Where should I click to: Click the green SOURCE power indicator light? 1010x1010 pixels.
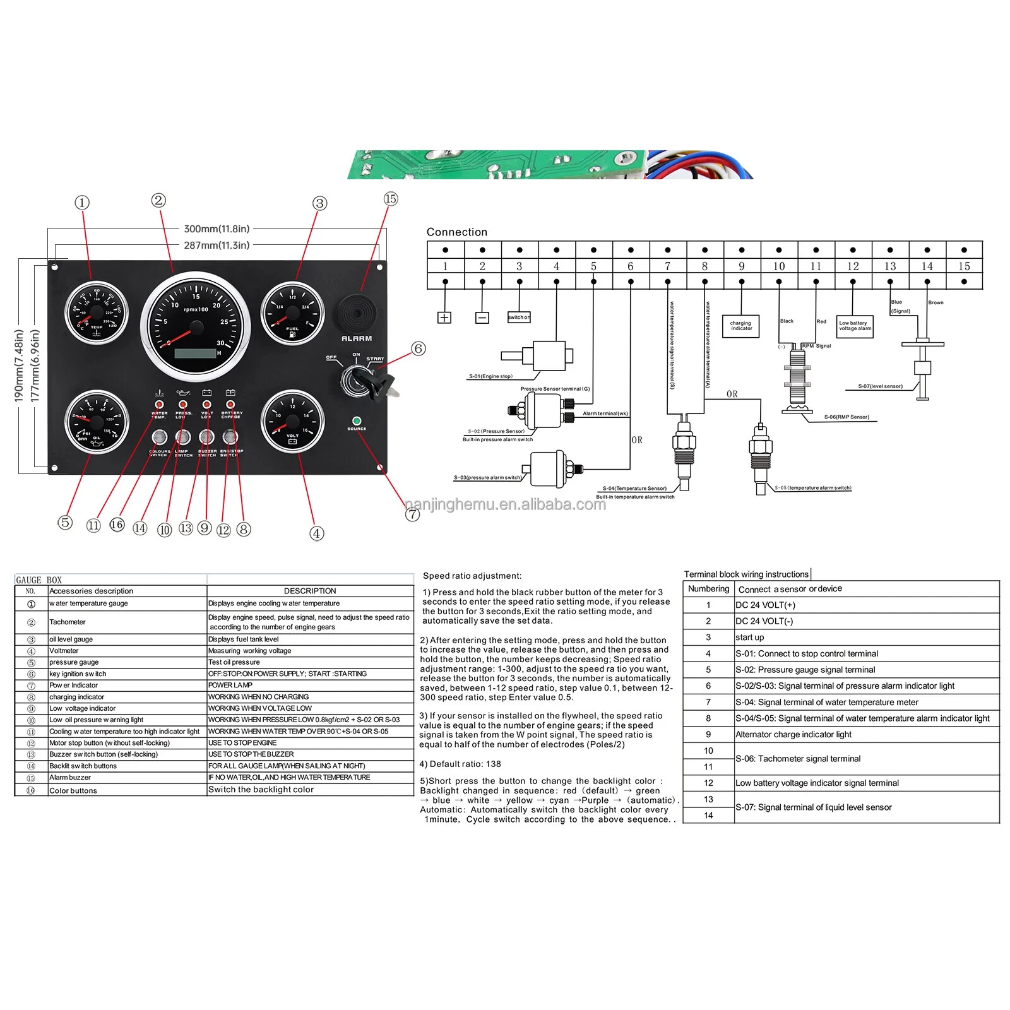point(357,420)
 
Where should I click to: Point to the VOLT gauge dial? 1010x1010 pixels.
point(292,422)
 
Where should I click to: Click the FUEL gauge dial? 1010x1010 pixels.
point(292,314)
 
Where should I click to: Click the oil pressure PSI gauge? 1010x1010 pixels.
point(97,422)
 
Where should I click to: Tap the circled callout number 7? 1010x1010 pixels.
point(412,514)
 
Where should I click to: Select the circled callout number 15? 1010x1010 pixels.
point(391,199)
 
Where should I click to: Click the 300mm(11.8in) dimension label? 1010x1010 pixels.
point(217,229)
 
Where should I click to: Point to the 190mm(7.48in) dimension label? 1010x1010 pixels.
point(19,365)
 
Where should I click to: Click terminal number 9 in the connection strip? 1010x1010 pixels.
point(741,266)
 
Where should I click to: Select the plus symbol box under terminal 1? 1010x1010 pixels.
point(444,318)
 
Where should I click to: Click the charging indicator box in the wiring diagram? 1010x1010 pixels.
point(741,326)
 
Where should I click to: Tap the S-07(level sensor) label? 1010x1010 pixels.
point(880,386)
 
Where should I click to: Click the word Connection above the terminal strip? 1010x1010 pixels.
point(456,232)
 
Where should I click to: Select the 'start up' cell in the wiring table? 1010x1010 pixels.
point(750,638)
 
